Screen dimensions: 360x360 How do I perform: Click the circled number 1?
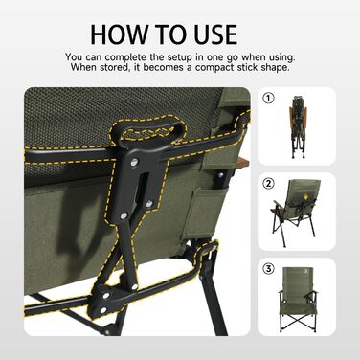[x=268, y=99]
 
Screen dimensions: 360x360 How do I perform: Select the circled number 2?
[x=268, y=184]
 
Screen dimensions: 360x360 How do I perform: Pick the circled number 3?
[x=268, y=269]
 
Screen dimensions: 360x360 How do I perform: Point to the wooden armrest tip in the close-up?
[x=243, y=164]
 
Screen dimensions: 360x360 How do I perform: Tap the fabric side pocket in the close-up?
[x=207, y=214]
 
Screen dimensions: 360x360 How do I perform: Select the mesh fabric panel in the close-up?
[x=124, y=115]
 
